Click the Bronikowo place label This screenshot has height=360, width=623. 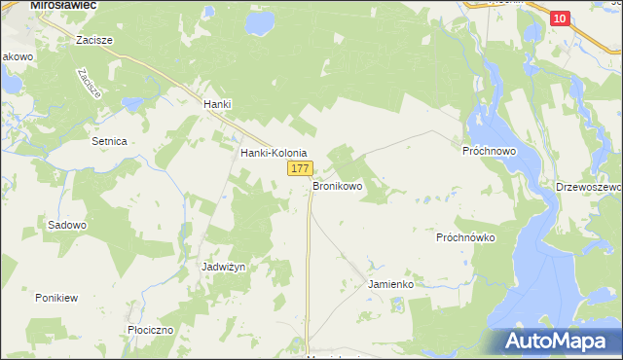[338, 184]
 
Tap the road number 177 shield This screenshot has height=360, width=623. [299, 169]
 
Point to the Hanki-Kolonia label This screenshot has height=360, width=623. [274, 153]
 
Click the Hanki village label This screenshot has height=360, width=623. [216, 104]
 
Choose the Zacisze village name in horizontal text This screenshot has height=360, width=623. [95, 41]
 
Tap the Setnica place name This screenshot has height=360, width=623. [109, 141]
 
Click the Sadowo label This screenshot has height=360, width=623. [67, 225]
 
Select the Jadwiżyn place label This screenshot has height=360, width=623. [222, 266]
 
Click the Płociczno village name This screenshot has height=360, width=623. [150, 330]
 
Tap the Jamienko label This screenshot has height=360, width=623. [391, 284]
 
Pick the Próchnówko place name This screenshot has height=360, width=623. [466, 236]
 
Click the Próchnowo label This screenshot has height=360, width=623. [488, 153]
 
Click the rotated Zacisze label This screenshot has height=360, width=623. [88, 85]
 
